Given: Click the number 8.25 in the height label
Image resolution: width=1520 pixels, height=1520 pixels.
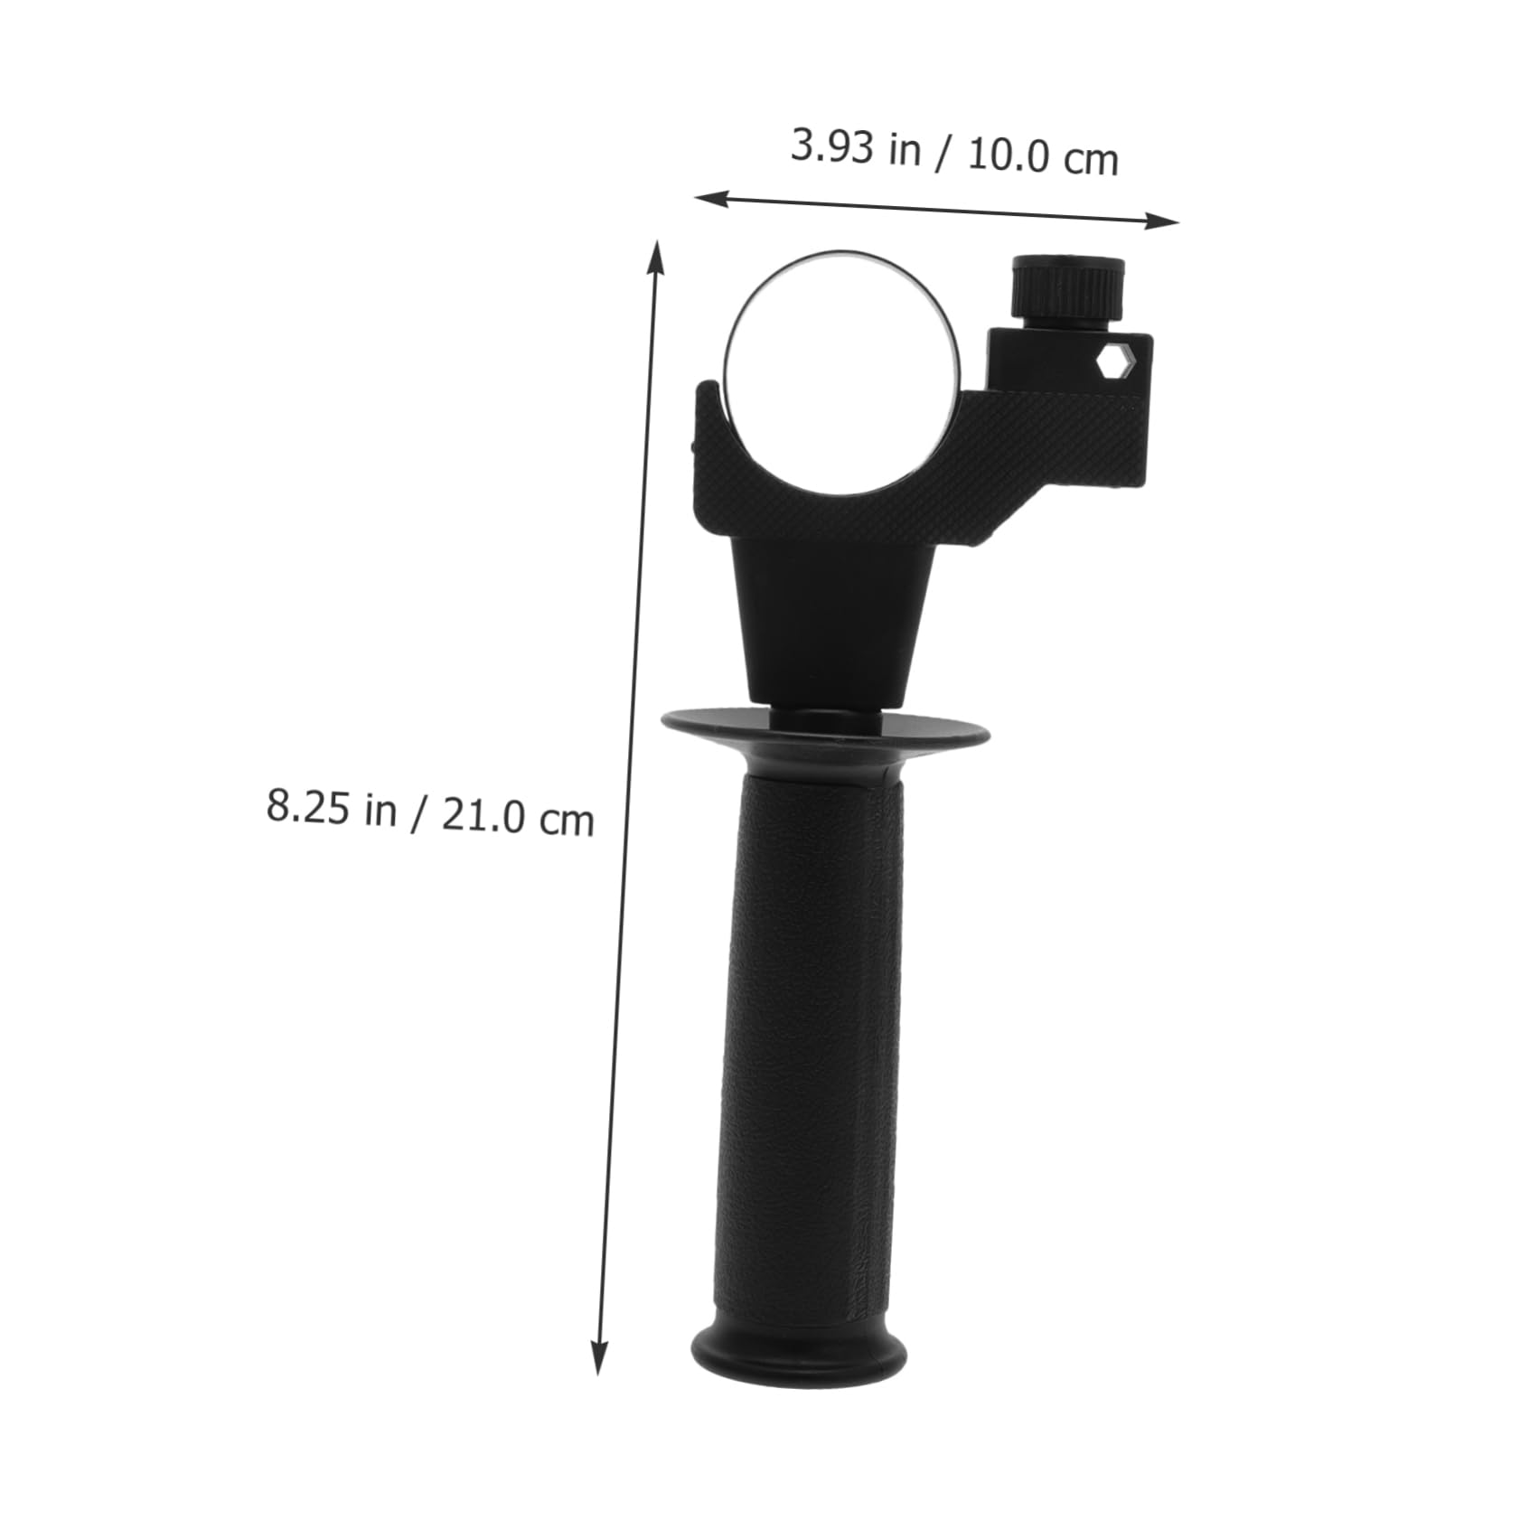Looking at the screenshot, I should tap(307, 804).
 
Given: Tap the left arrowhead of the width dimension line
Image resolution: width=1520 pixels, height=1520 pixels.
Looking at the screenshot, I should tap(709, 197).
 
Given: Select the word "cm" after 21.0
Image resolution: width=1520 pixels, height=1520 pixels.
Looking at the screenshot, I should tap(566, 821).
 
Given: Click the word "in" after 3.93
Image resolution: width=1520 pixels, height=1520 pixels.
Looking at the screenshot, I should tap(904, 151).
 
